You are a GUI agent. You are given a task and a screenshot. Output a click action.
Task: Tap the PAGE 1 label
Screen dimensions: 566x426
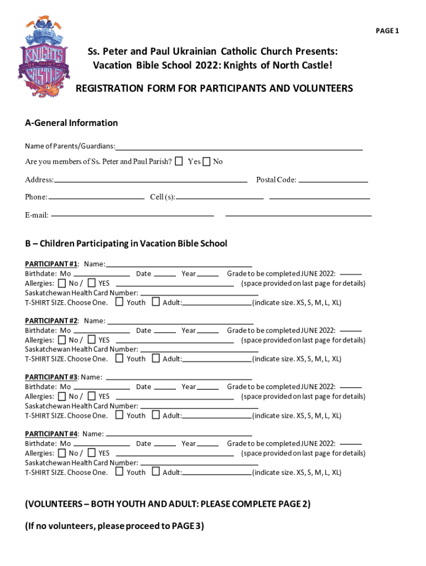pos(387,30)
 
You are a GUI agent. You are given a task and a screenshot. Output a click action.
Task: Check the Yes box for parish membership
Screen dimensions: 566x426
pos(179,161)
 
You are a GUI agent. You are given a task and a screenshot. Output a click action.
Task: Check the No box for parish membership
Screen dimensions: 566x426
pos(206,161)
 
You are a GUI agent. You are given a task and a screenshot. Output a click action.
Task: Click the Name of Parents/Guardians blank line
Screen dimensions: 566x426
pos(239,149)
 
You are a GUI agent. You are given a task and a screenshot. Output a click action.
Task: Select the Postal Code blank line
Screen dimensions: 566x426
pos(333,181)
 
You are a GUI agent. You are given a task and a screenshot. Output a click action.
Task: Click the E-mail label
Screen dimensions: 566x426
pos(37,214)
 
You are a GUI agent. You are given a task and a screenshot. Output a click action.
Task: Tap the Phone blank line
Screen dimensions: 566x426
pos(96,197)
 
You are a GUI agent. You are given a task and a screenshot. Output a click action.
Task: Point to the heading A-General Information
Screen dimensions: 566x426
pos(71,123)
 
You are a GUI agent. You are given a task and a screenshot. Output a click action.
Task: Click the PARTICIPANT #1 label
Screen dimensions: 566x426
pos(51,265)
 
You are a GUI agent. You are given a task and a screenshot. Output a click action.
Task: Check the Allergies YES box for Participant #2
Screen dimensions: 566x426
pos(92,339)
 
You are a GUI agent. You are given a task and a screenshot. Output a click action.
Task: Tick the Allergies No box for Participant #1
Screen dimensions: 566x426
pos(61,283)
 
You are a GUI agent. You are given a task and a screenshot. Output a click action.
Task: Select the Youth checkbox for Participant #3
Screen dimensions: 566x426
pos(120,415)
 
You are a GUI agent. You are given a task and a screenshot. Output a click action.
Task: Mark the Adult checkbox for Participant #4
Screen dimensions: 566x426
pos(155,471)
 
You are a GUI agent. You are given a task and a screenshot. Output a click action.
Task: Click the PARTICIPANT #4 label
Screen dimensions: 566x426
pos(51,434)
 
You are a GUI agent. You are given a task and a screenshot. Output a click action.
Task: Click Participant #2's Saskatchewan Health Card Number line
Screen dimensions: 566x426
pos(199,351)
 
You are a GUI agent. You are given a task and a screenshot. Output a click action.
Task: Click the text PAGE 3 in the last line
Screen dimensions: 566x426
pos(186,526)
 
